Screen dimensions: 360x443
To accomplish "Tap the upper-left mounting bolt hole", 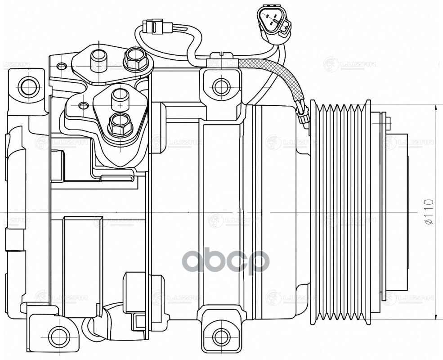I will click(28, 86).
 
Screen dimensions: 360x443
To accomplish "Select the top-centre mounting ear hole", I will click(221, 86).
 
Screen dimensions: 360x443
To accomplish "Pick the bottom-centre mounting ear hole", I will click(220, 336).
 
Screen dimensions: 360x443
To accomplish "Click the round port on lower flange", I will click(120, 95).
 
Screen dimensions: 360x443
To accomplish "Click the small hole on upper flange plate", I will click(62, 66).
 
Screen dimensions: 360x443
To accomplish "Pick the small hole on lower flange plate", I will click(82, 106).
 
